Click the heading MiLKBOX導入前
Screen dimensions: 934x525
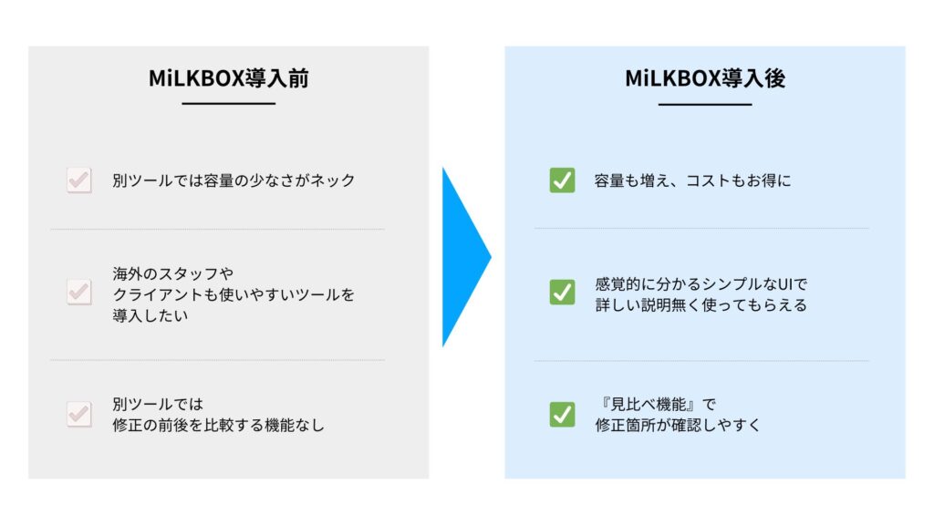click(229, 78)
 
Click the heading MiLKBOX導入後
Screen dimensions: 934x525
click(705, 78)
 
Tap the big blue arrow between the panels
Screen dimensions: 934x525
click(466, 257)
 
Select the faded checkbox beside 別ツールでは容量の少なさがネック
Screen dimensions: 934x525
click(79, 180)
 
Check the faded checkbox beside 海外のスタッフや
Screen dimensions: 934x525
click(79, 292)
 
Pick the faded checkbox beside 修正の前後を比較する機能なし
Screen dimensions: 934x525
click(79, 415)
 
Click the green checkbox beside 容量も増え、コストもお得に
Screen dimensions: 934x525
click(562, 180)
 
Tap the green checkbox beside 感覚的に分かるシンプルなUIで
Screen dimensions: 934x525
click(562, 292)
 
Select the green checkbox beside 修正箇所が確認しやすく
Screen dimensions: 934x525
click(562, 415)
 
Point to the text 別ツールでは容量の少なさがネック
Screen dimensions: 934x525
click(234, 180)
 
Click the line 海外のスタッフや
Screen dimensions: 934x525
click(172, 273)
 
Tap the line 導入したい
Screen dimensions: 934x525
click(150, 315)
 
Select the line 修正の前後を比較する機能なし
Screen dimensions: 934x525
click(219, 425)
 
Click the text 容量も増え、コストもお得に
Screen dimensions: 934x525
click(693, 180)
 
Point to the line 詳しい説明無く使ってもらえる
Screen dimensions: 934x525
click(701, 304)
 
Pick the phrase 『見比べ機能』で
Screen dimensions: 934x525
click(657, 404)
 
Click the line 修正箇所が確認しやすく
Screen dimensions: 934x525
click(678, 425)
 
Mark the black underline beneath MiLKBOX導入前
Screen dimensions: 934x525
click(229, 104)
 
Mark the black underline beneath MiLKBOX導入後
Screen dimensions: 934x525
click(705, 104)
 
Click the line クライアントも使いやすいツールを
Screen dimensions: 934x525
click(233, 294)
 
